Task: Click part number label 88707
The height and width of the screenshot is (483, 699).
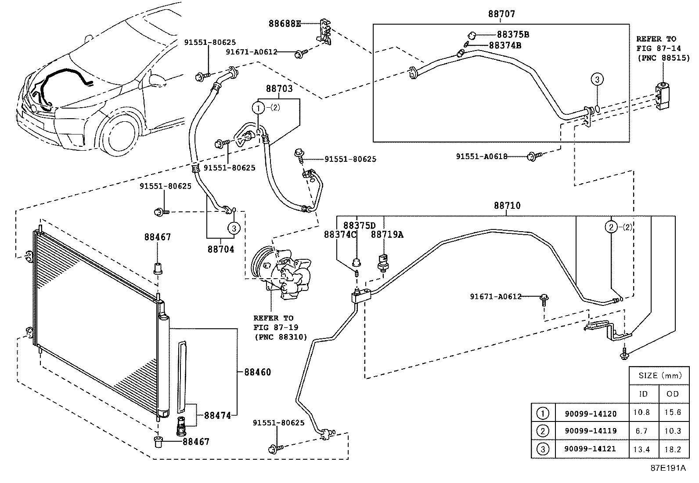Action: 502,14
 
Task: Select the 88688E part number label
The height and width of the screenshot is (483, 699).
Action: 285,24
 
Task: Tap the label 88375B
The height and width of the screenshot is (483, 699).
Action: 513,34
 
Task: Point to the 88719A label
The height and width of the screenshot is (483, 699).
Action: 387,234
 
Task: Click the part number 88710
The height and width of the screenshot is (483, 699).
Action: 508,205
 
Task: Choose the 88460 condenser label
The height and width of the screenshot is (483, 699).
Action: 258,372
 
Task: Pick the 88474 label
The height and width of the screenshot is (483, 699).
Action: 217,415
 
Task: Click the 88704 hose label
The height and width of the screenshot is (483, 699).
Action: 221,249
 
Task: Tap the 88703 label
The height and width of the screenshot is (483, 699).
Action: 279,89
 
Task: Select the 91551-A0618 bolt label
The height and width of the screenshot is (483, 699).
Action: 482,156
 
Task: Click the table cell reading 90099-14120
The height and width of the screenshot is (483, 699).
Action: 591,414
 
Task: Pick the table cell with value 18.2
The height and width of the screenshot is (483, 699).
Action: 673,449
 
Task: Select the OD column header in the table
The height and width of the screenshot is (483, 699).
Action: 673,394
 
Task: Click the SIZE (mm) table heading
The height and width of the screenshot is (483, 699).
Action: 660,375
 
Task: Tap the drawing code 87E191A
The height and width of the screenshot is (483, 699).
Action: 668,468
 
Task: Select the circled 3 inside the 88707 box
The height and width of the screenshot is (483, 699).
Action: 597,79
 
